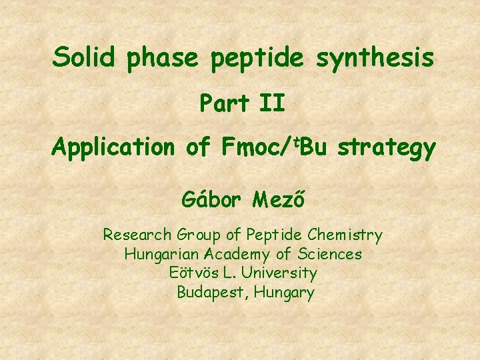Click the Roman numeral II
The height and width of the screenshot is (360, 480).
coord(273,103)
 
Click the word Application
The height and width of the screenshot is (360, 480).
coord(113,147)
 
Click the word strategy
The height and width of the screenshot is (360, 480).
coord(387,148)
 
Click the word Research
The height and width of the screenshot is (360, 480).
coord(137,235)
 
